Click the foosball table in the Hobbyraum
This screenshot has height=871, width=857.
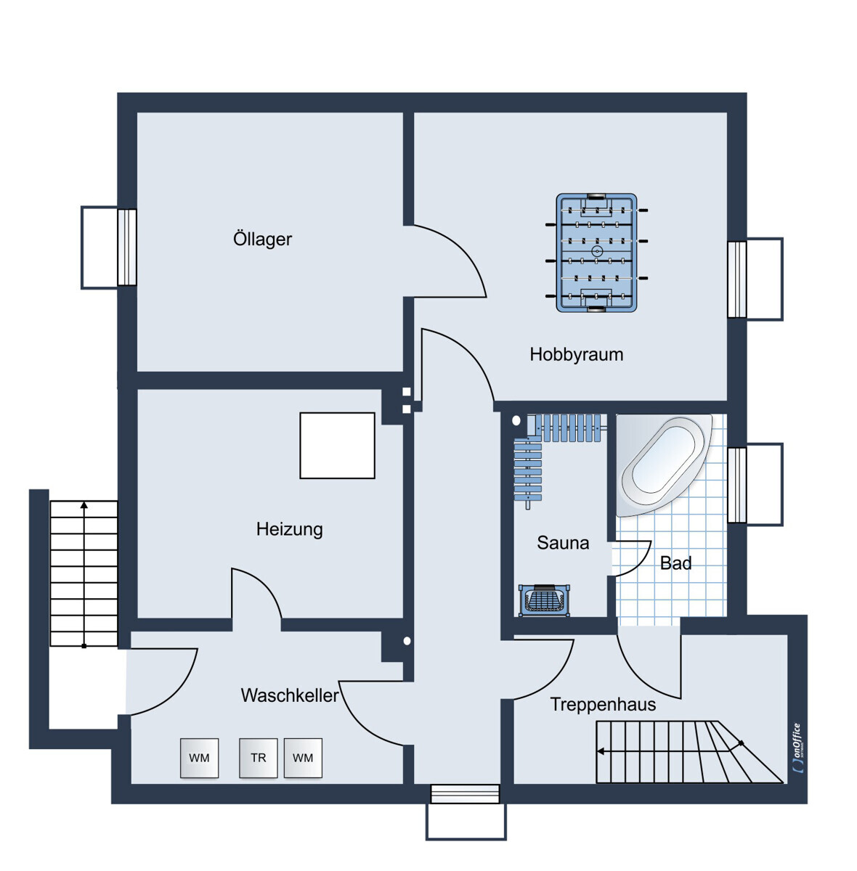tap(596, 253)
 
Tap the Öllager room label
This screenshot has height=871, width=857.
tap(262, 239)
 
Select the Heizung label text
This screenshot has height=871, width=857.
tap(290, 529)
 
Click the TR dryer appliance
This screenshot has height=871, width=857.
tap(259, 758)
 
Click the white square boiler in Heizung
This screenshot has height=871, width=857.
tap(338, 445)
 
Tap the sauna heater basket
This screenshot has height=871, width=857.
tap(544, 601)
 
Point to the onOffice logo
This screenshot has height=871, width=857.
tap(797, 748)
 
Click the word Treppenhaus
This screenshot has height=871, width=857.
tap(603, 704)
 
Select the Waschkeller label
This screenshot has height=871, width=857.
tap(290, 695)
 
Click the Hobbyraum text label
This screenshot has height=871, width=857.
tap(577, 354)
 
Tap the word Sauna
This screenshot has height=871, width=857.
tap(563, 543)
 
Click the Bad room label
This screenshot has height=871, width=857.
tap(675, 563)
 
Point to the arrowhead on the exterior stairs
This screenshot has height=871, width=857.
tap(84, 505)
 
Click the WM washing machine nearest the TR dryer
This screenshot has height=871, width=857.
tap(303, 758)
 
